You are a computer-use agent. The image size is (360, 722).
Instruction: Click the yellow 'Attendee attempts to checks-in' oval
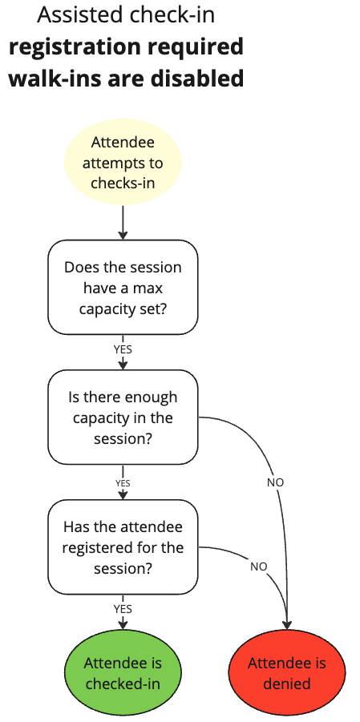123,163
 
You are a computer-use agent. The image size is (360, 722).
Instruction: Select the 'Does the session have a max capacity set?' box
123,287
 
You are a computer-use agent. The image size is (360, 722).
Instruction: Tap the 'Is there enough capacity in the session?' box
123,417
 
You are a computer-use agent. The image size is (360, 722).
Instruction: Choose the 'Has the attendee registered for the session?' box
123,547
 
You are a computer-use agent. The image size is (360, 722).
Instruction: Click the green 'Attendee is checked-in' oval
123,673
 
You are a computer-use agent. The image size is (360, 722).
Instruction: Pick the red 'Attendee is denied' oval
287,673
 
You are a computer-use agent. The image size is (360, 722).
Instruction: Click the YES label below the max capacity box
123,349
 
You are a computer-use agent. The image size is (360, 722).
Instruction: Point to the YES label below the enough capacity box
123,483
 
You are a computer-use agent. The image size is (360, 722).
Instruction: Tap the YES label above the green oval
123,608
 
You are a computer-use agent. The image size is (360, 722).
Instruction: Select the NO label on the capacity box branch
275,482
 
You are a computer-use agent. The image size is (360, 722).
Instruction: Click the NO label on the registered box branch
258,566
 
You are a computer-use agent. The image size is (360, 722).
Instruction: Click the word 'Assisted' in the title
75,14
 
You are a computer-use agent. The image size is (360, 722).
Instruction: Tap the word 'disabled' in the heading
197,79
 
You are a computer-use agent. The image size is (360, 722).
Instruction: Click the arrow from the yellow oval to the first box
123,221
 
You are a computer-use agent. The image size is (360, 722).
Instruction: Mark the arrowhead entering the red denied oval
287,624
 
